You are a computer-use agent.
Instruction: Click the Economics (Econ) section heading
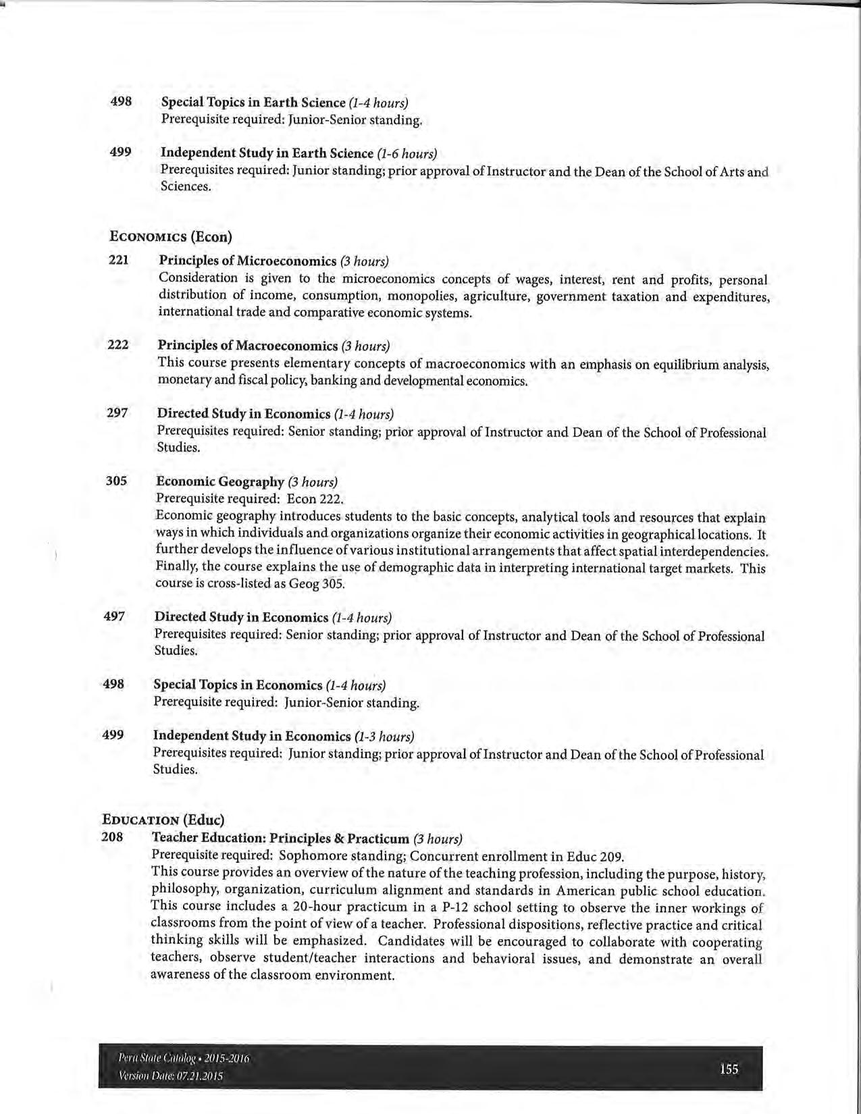point(171,236)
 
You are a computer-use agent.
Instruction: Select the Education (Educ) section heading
point(163,820)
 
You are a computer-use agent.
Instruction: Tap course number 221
point(119,259)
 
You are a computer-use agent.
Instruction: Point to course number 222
point(118,344)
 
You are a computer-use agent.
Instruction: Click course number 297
point(118,413)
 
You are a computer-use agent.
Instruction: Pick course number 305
point(116,481)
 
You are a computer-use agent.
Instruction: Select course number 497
point(114,616)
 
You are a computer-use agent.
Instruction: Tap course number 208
point(112,837)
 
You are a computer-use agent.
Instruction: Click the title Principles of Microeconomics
point(247,261)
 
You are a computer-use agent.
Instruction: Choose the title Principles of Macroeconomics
point(248,346)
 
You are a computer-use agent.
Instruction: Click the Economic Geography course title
point(220,481)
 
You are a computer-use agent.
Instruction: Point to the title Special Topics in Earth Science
point(253,103)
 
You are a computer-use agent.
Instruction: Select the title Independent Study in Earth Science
point(267,153)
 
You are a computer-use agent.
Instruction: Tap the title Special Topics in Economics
point(238,685)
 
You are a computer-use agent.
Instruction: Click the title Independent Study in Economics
point(252,735)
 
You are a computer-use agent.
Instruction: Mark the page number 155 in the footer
point(729,1069)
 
